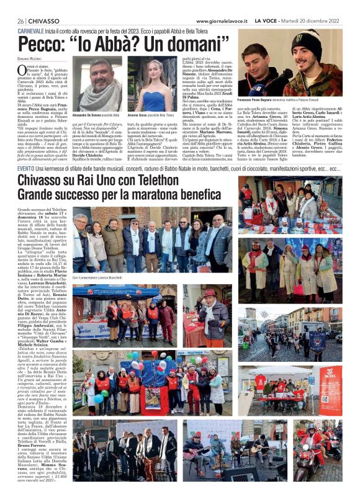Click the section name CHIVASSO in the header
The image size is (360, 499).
(x=45, y=20)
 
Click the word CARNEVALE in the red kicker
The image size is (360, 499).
(x=35, y=30)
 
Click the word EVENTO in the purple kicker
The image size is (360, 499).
(x=26, y=168)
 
